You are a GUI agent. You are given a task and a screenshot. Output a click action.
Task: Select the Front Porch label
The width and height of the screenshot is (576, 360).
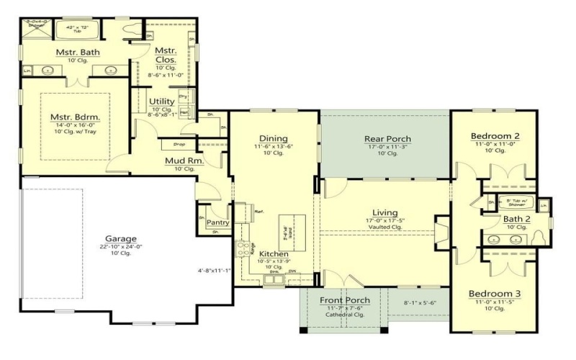pyautogui.click(x=345, y=300)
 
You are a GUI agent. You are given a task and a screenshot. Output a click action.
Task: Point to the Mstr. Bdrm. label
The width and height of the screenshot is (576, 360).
pyautogui.click(x=75, y=117)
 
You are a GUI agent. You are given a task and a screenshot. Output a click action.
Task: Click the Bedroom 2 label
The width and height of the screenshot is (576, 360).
pyautogui.click(x=495, y=136)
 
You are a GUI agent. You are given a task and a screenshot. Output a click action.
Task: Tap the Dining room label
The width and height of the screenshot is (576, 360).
pyautogui.click(x=274, y=139)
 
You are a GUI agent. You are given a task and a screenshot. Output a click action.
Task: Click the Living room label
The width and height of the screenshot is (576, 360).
pyautogui.click(x=385, y=212)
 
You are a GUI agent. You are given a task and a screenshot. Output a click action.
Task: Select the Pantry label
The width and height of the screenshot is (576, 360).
pyautogui.click(x=217, y=222)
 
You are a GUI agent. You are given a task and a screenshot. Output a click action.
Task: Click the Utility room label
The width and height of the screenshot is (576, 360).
pyautogui.click(x=162, y=102)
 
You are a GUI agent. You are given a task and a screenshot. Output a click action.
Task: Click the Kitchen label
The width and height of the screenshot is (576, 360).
pyautogui.click(x=274, y=254)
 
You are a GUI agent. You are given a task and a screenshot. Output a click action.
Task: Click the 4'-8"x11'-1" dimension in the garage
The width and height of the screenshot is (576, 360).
pyautogui.click(x=214, y=271)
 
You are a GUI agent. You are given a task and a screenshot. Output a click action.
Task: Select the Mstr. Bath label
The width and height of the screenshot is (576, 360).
pyautogui.click(x=78, y=53)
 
